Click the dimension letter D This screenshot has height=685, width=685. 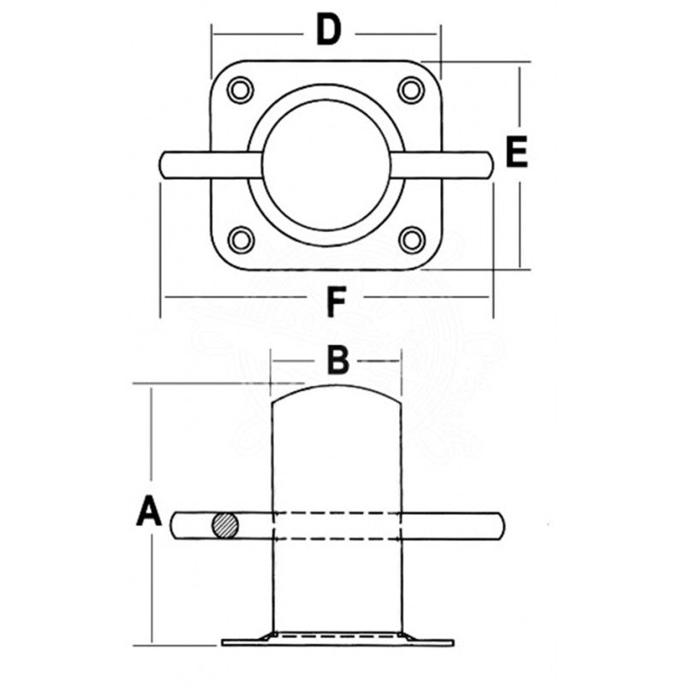point(329,31)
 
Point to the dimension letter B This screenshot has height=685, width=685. point(339,361)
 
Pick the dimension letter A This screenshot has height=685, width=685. point(149,513)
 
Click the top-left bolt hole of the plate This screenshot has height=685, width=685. point(240,89)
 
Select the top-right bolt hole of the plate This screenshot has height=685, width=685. point(412,89)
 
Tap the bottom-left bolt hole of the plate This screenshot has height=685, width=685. point(241,239)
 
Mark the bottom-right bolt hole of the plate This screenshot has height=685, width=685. point(413,239)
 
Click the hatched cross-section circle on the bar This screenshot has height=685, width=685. point(225,526)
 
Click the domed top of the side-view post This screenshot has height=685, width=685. point(337,390)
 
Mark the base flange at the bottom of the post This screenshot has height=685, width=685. point(336,640)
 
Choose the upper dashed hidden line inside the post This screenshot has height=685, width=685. point(336,513)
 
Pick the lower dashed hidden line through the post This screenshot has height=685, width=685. point(336,539)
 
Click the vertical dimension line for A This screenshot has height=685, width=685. point(151,445)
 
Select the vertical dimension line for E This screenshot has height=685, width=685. point(519,214)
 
